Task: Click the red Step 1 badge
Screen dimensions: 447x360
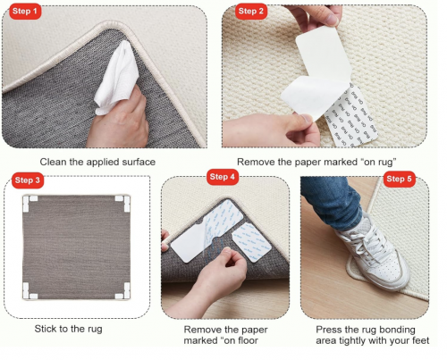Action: pyautogui.click(x=25, y=12)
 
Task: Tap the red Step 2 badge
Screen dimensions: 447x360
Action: pyautogui.click(x=251, y=12)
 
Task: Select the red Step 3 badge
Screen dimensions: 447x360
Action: pyautogui.click(x=28, y=180)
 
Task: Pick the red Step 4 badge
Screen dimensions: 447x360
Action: pyautogui.click(x=223, y=177)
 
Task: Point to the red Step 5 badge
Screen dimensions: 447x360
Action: pyautogui.click(x=399, y=179)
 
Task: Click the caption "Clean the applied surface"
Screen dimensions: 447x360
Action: pyautogui.click(x=97, y=162)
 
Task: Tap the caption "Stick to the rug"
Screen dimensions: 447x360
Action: pyautogui.click(x=68, y=329)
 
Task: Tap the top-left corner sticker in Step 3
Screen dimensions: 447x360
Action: pyautogui.click(x=30, y=203)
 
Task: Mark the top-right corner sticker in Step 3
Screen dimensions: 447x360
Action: pyautogui.click(x=122, y=203)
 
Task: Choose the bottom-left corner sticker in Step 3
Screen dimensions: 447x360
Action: pyautogui.click(x=30, y=291)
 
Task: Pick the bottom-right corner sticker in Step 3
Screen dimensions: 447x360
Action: pyautogui.click(x=122, y=291)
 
